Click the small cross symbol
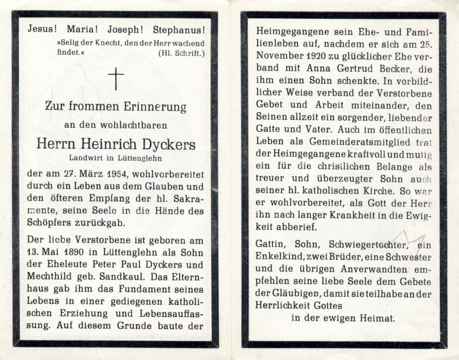pos(116,79)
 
